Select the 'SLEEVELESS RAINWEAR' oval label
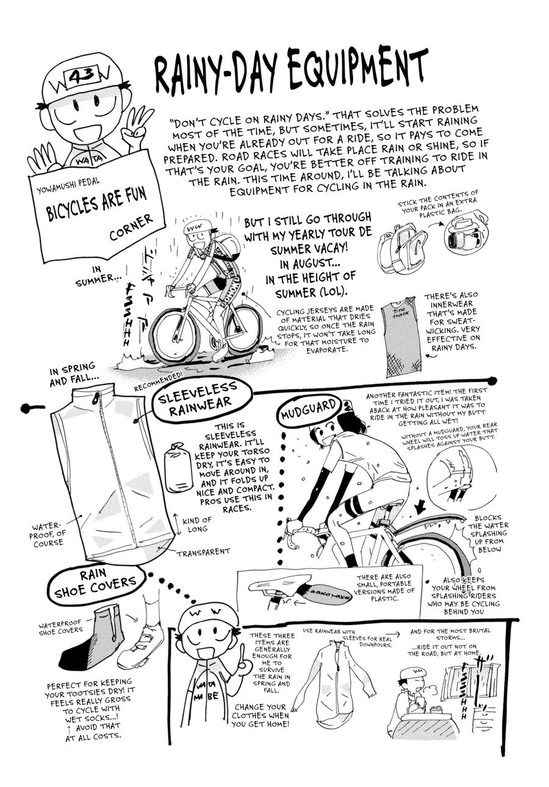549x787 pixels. coord(196,399)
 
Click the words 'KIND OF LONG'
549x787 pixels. coord(196,524)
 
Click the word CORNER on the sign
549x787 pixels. coord(131,226)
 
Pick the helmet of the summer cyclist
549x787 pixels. coord(198,227)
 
